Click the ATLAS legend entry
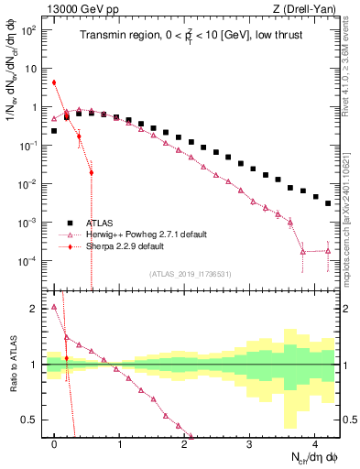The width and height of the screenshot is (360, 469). pyautogui.click(x=102, y=223)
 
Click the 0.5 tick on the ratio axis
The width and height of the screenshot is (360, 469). pyautogui.click(x=33, y=420)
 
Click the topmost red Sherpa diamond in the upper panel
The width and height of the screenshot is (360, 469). pyautogui.click(x=55, y=82)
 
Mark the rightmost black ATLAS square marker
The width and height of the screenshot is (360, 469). pyautogui.click(x=328, y=203)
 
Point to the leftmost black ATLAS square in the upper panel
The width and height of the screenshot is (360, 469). pyautogui.click(x=55, y=131)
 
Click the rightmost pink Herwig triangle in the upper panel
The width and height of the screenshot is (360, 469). pyautogui.click(x=328, y=250)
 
